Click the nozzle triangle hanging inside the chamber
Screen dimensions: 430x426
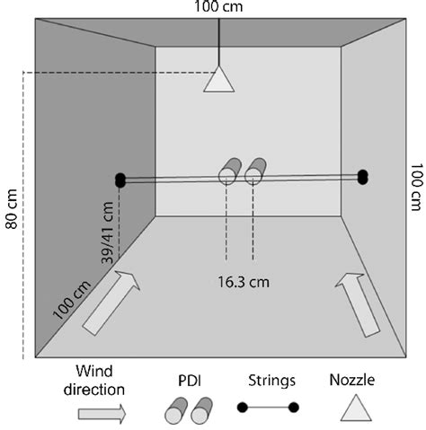218,80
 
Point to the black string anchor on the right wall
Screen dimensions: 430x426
363,177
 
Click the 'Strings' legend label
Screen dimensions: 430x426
271,379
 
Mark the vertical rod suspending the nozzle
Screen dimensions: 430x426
218,40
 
